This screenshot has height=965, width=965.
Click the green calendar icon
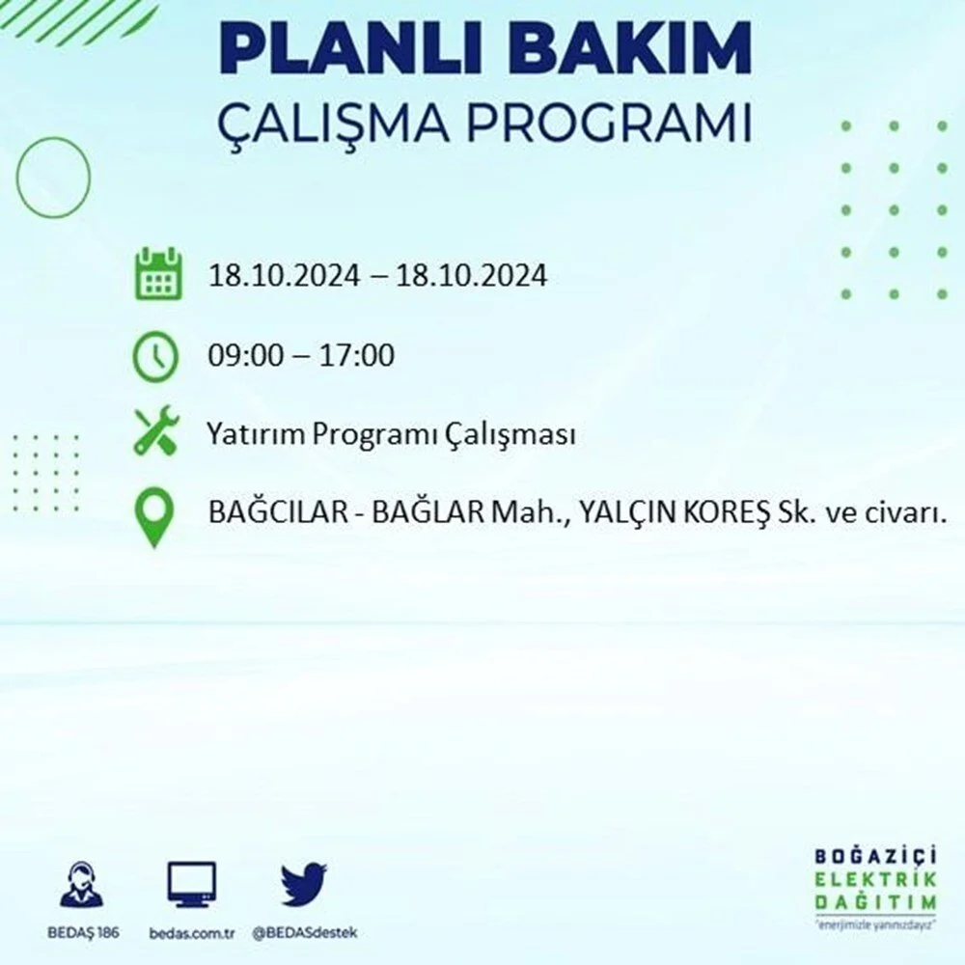tap(158, 274)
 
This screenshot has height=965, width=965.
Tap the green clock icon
tap(155, 356)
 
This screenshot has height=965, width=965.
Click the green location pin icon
tap(154, 516)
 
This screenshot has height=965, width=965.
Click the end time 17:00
tap(356, 356)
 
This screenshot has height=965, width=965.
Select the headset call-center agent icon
tap(82, 884)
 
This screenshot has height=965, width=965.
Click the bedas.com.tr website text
tap(191, 933)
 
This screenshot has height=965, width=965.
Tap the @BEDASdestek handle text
tap(305, 933)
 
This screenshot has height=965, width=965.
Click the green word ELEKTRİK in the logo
tap(875, 879)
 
